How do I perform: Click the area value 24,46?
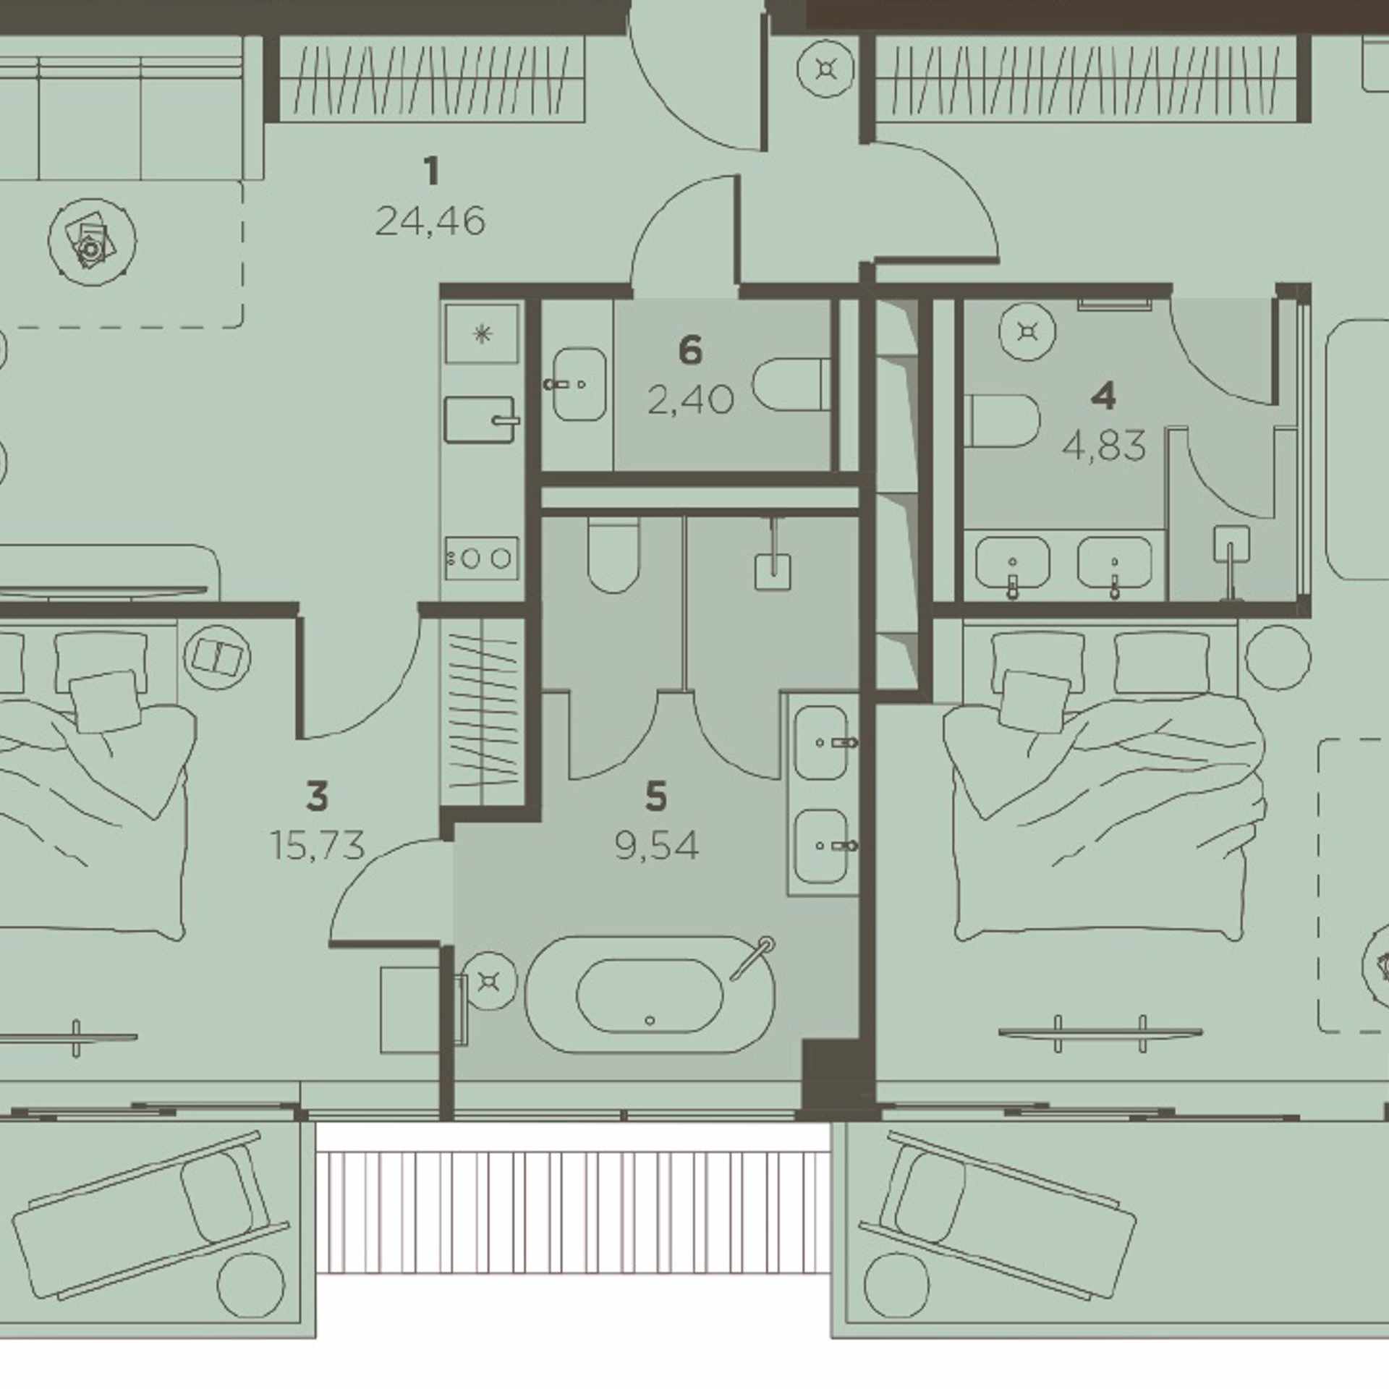430,221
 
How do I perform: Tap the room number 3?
317,797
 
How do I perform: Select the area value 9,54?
657,845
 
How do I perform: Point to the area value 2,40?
690,399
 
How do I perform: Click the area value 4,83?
1104,446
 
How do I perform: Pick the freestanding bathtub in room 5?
650,994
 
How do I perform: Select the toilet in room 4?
1003,420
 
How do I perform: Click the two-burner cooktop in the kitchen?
482,558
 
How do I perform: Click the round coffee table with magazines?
92,242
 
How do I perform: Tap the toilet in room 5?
613,553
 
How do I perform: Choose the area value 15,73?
317,845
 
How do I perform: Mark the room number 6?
690,351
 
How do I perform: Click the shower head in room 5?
772,572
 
